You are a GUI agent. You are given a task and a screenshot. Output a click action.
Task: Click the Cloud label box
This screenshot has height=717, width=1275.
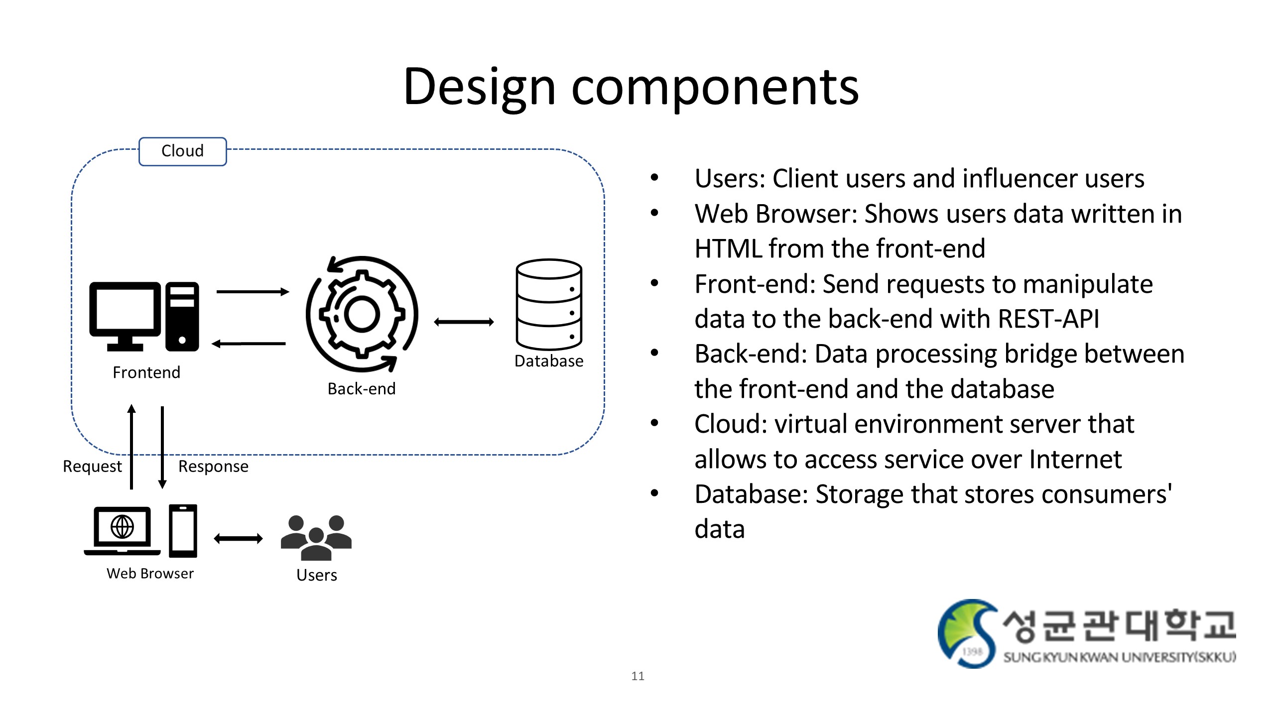tap(182, 151)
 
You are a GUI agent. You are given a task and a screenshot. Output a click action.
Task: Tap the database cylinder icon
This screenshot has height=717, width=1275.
tap(549, 304)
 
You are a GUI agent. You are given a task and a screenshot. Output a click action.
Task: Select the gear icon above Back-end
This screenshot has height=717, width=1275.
tap(362, 314)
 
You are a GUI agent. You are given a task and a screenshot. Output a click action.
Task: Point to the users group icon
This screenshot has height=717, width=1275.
tap(316, 537)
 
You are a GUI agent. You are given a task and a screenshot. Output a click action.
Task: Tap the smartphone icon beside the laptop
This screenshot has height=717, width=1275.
tap(183, 531)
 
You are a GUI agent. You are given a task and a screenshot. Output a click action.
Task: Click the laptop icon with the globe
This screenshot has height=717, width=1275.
tap(123, 530)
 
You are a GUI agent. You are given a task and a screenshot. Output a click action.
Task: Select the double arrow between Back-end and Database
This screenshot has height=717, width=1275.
tap(464, 322)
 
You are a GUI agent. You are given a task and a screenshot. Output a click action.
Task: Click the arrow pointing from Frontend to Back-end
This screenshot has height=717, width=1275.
tap(253, 292)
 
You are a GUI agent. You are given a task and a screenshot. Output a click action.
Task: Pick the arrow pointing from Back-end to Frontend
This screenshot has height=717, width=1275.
tap(249, 344)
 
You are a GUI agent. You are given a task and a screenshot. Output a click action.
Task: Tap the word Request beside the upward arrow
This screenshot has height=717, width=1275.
tap(92, 467)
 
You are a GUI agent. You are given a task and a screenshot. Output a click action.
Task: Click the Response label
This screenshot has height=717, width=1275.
tap(213, 467)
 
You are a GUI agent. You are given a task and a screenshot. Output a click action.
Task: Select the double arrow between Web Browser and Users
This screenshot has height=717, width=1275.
tap(238, 538)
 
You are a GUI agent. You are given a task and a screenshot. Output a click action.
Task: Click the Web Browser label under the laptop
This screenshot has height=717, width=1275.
tap(150, 574)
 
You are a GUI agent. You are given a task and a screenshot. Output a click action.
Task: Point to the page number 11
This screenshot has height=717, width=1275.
tap(637, 676)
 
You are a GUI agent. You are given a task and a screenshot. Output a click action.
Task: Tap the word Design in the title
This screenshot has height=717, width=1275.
tap(479, 87)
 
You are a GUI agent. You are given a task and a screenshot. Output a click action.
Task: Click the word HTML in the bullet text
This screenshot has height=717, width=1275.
tap(728, 248)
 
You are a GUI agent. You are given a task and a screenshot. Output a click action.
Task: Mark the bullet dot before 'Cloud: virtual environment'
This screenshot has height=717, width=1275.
tap(654, 423)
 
